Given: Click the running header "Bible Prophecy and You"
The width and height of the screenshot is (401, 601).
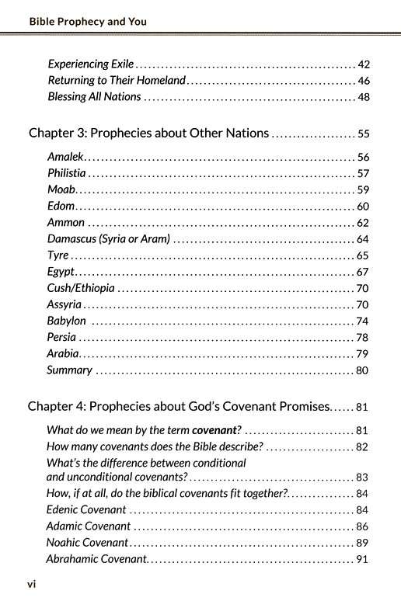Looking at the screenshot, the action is click(87, 22).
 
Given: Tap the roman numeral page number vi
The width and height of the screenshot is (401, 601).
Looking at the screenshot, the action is click(32, 584).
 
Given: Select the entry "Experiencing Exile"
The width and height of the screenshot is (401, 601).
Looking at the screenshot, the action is click(91, 64).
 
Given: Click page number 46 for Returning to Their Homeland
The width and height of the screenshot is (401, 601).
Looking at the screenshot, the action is click(363, 80).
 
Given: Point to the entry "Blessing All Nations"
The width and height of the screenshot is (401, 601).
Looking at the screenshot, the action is click(94, 96).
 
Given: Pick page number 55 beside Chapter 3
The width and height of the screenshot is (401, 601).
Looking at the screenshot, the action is click(363, 134).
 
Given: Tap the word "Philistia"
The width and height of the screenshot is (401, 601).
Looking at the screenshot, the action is click(67, 172).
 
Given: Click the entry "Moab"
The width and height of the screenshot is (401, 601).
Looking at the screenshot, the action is click(61, 189).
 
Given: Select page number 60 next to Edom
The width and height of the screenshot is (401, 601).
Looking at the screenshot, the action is click(363, 206).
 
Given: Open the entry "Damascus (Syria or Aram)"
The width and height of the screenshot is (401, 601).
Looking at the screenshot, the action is click(108, 238).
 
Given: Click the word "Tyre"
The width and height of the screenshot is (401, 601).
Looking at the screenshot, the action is click(58, 255).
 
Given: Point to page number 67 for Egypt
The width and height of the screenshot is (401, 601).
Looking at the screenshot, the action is click(363, 272).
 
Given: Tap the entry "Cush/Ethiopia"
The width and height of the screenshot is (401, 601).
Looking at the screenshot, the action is click(81, 288).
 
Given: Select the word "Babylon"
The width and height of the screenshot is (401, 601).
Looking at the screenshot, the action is click(67, 321).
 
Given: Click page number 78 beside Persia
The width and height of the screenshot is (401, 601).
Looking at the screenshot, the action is click(363, 337).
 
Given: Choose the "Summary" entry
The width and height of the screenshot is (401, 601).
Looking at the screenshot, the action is click(69, 370).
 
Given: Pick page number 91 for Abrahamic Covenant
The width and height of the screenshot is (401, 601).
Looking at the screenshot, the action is click(363, 559).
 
